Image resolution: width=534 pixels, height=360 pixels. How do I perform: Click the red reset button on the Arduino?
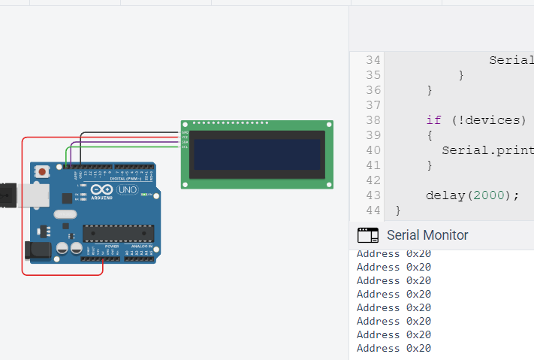tap(42, 172)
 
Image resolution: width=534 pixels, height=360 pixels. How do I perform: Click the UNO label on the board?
tap(127, 190)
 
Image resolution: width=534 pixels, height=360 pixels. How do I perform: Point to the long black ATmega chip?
tap(118, 234)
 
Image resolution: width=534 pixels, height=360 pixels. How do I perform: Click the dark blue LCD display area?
tap(257, 154)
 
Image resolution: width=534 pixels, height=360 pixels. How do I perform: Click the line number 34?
tap(372, 60)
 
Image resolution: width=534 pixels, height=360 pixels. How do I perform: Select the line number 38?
tap(372, 120)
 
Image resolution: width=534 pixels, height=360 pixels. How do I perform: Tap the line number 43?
tap(372, 195)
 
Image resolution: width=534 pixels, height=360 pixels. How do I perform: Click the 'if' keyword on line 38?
tap(433, 120)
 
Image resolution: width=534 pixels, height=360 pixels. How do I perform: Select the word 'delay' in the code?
tap(445, 195)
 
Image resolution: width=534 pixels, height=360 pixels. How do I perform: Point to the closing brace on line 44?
tap(398, 210)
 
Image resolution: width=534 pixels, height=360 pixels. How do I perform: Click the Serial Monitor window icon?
tap(367, 235)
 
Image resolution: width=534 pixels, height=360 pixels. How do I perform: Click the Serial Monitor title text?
tap(427, 235)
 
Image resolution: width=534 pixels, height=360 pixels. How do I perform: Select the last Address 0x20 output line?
tap(394, 348)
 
